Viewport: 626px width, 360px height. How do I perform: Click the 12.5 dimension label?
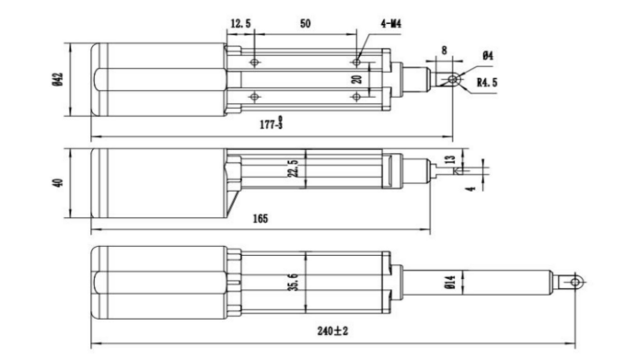(x=241, y=24)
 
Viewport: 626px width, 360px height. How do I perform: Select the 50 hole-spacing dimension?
(x=305, y=24)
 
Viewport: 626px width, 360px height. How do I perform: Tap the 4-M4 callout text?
(x=391, y=24)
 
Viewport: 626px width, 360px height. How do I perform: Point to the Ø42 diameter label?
(x=58, y=79)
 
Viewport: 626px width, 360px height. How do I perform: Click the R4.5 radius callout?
(x=487, y=83)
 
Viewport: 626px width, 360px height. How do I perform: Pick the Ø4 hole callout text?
(x=488, y=55)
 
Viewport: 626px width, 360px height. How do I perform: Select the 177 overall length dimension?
(x=272, y=123)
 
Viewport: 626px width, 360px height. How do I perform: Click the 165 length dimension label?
(x=261, y=219)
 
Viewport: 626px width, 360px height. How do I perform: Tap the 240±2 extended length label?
(x=333, y=331)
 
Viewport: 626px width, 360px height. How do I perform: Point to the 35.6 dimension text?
(x=293, y=282)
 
